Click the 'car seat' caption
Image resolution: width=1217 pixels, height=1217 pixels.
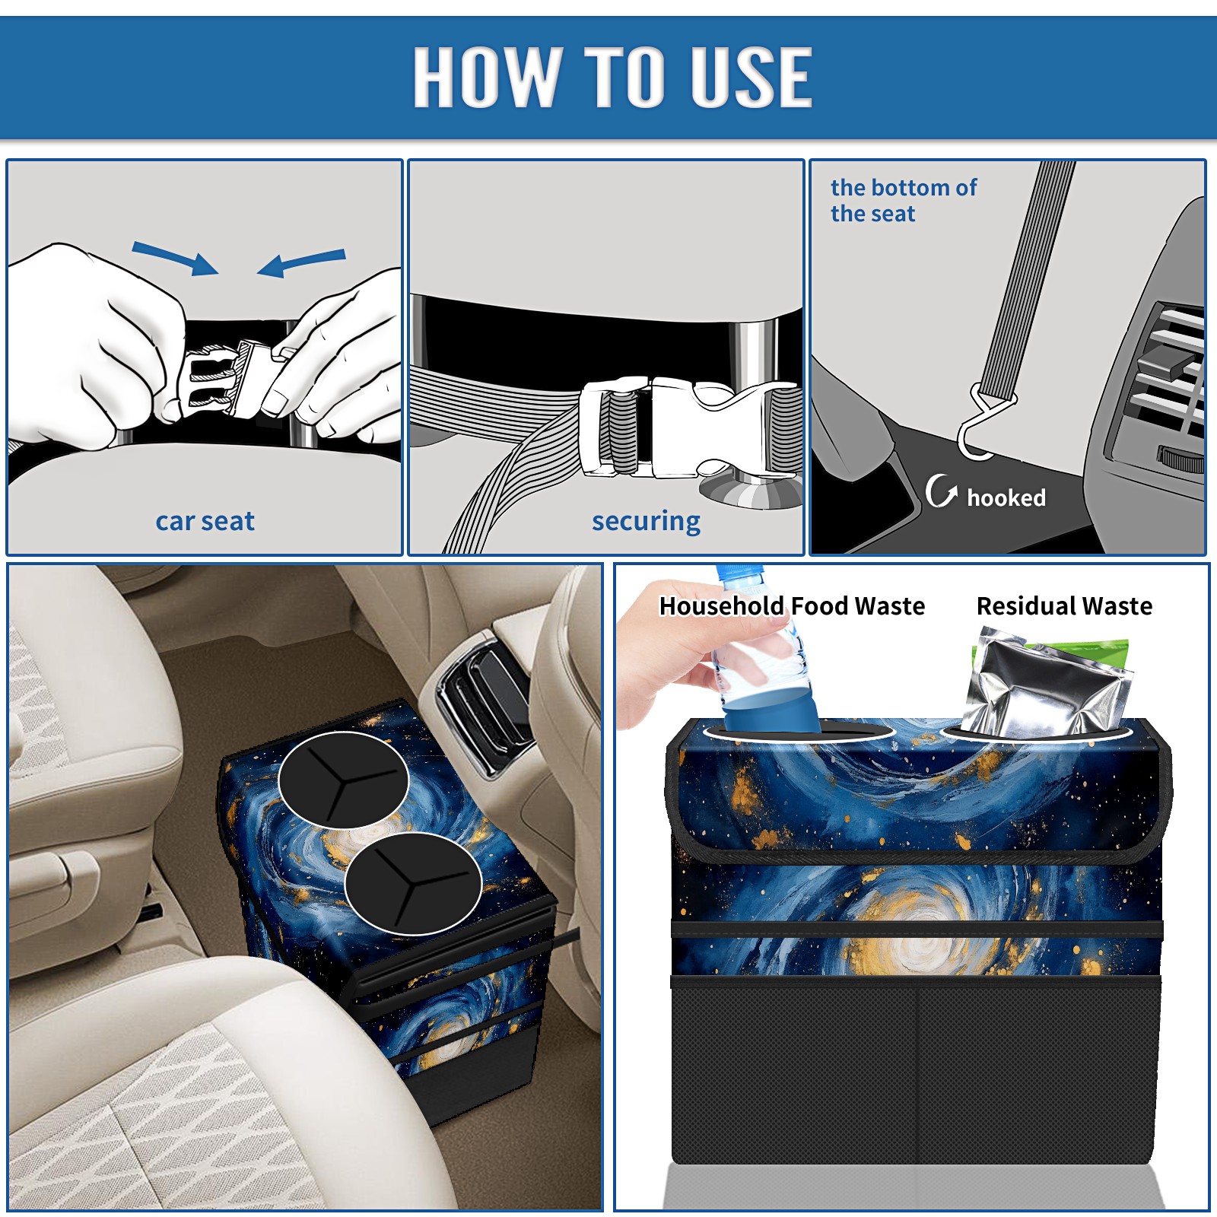click(205, 521)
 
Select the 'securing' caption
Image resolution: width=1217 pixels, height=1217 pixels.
click(646, 522)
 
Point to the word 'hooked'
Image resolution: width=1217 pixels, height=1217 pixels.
click(1006, 497)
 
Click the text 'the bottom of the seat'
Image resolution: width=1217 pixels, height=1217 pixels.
click(903, 200)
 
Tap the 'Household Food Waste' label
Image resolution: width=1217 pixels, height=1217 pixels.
click(792, 605)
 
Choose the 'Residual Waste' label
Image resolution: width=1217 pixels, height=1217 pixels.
click(1064, 605)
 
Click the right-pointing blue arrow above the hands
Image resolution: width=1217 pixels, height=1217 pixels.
click(176, 258)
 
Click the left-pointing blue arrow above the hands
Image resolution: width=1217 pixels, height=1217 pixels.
click(301, 262)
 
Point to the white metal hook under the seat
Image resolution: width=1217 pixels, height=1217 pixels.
click(983, 423)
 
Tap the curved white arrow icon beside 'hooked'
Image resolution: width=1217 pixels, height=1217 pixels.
click(940, 491)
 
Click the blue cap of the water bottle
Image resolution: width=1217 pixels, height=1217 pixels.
click(739, 574)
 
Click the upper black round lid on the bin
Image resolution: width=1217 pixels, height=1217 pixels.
click(343, 780)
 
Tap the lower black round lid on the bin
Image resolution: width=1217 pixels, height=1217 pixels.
click(413, 883)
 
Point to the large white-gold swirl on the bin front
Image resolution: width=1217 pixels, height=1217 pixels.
click(920, 928)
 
